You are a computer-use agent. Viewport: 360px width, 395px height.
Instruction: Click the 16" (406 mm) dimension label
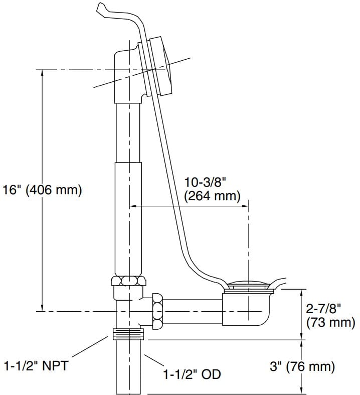(x=42, y=191)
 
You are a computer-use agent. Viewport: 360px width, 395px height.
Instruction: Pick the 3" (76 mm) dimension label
(x=302, y=366)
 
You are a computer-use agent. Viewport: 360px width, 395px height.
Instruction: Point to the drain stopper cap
(x=249, y=285)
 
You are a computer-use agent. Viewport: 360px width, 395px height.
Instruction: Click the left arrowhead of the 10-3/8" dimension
(x=133, y=205)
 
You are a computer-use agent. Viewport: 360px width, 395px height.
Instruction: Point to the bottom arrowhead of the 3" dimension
(x=303, y=390)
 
